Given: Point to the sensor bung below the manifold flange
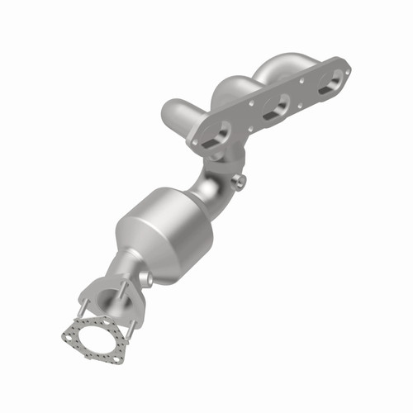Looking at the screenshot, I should point(240,180).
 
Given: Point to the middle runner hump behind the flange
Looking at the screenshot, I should point(235,82).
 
